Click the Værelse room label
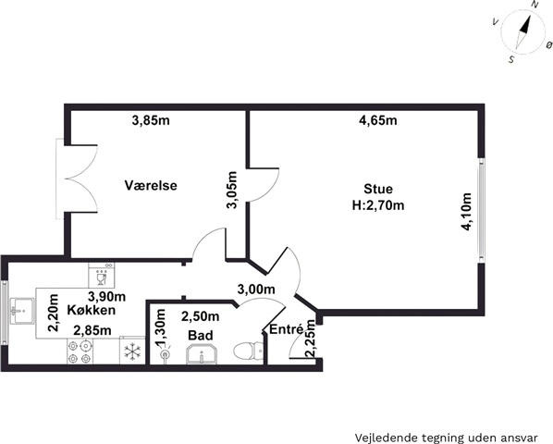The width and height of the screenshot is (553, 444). click(151, 185)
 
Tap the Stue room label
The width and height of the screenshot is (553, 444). click(378, 189)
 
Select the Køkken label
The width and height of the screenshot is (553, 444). click(92, 310)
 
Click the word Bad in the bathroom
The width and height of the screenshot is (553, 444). click(201, 335)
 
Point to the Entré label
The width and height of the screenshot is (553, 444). click(286, 329)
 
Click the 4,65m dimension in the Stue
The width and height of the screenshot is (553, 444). click(377, 120)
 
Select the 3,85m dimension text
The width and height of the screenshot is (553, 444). click(151, 120)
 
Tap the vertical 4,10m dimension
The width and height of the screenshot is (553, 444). click(467, 212)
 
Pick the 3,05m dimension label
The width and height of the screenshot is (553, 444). click(232, 190)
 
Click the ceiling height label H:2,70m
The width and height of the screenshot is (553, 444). click(378, 205)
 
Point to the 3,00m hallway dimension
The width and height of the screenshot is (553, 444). click(256, 290)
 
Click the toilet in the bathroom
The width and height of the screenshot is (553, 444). click(248, 351)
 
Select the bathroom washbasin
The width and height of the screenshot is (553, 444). click(202, 354)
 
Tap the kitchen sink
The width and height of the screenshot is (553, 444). click(22, 311)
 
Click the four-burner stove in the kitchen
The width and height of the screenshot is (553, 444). click(80, 351)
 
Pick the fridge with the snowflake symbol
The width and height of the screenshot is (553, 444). click(132, 351)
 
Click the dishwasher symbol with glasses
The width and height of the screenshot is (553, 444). click(102, 275)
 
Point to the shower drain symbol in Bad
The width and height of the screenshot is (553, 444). click(165, 354)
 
